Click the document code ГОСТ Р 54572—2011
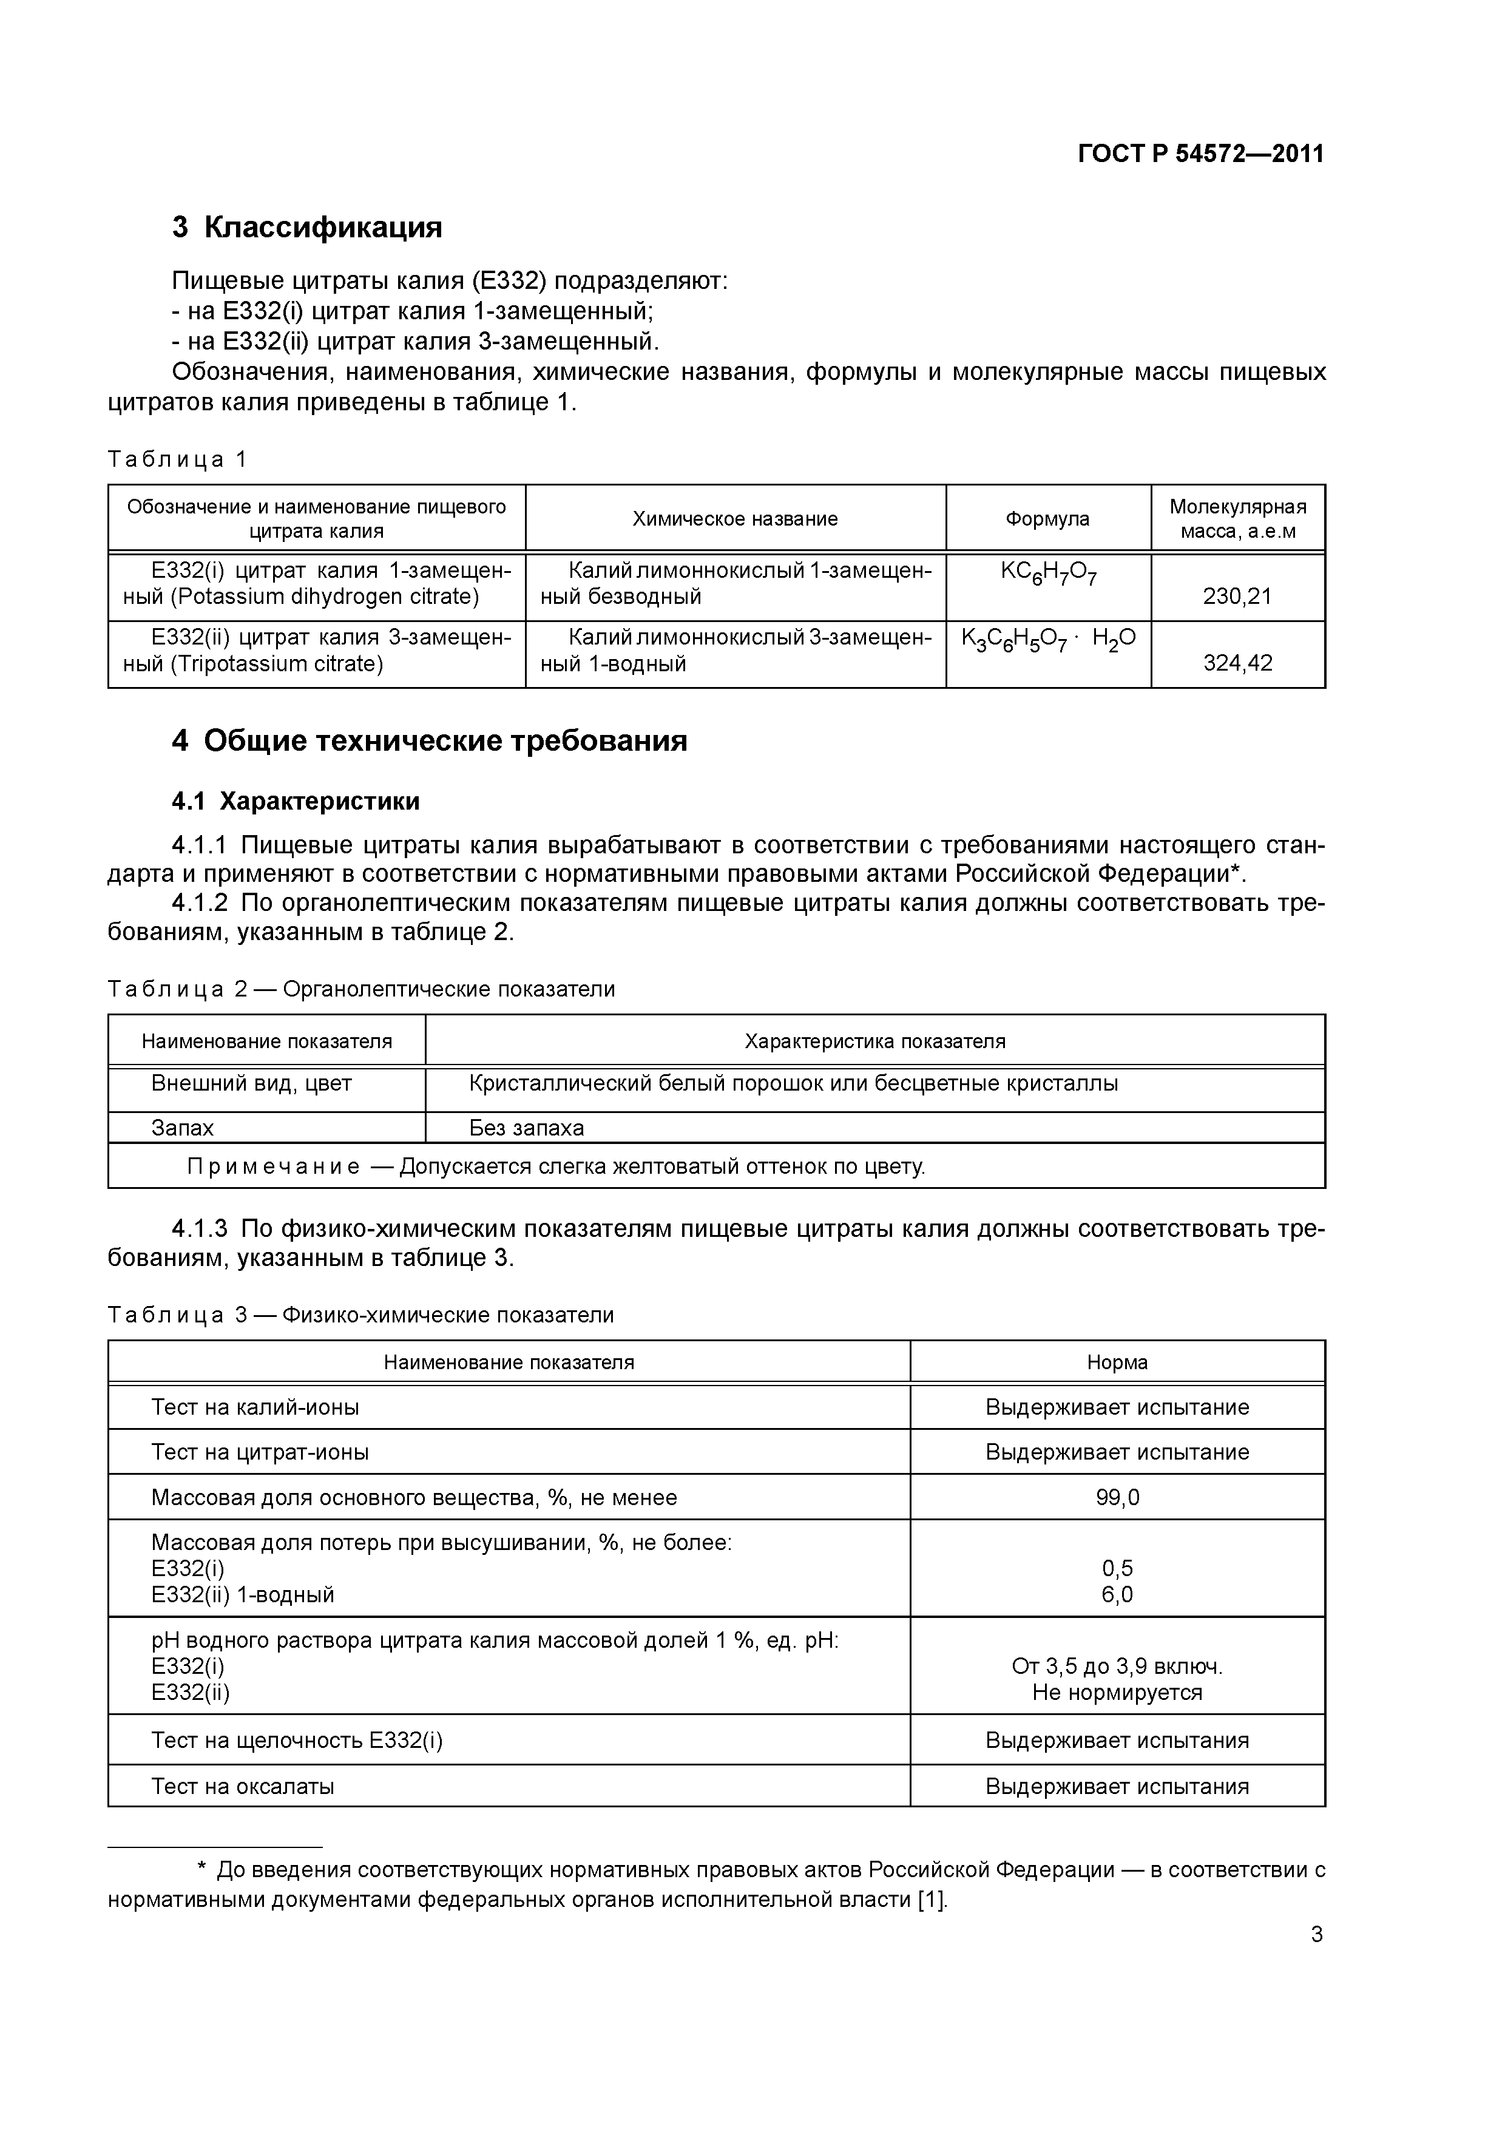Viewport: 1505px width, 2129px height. pos(1201,154)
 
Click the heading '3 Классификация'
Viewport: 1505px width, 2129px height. pos(307,227)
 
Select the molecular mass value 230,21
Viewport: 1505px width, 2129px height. pos(1237,596)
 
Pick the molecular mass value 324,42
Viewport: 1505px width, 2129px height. pos(1237,663)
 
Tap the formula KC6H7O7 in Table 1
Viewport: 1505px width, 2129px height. pos(1048,574)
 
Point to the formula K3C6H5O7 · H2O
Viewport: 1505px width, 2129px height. pos(1048,640)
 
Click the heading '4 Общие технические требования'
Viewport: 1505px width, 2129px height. pos(429,741)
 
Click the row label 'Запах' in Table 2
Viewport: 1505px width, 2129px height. pos(183,1128)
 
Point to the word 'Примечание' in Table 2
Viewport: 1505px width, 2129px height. pos(274,1166)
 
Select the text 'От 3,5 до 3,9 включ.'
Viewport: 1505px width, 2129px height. pos(1117,1667)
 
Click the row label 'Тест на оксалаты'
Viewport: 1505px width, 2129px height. pos(243,1786)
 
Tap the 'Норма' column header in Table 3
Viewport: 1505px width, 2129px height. pos(1117,1362)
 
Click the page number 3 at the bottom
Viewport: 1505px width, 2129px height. pos(1316,1934)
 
